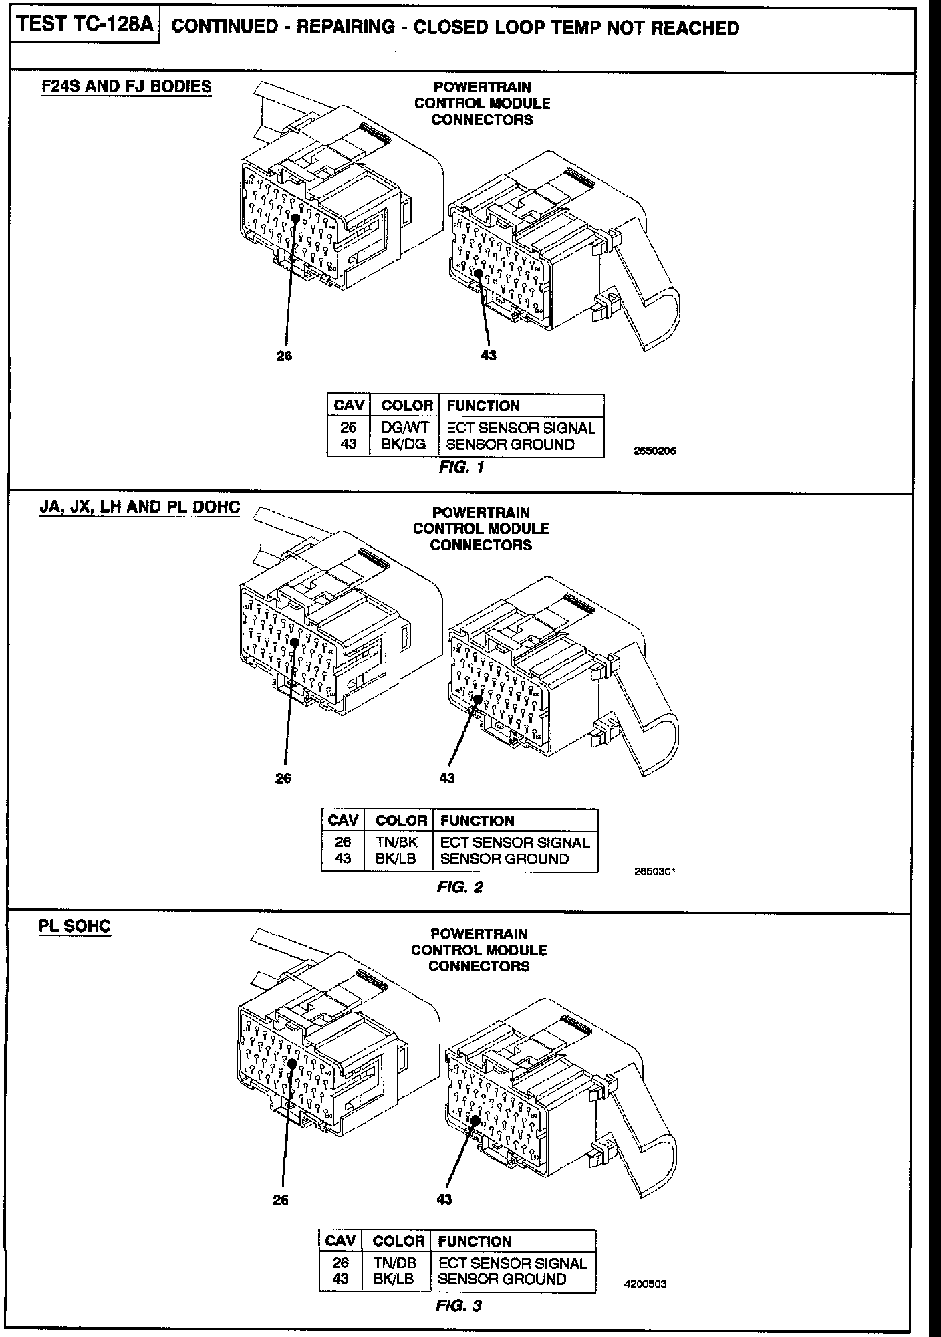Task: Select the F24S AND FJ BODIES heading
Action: [x=126, y=86]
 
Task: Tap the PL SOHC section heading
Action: [x=75, y=927]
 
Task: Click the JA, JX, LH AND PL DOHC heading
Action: [x=140, y=507]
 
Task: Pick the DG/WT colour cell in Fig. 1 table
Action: [x=404, y=428]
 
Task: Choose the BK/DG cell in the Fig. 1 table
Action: [x=404, y=444]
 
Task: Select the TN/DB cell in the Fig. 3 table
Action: [x=395, y=1263]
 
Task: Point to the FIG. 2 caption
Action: [x=460, y=888]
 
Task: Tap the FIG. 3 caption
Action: [x=458, y=1306]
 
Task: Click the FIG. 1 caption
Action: [x=461, y=467]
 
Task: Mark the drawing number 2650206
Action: [x=654, y=451]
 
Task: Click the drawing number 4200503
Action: [x=645, y=1284]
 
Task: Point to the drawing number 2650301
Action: [x=655, y=872]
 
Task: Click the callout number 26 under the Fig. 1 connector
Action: [x=285, y=356]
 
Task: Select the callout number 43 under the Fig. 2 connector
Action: [x=447, y=778]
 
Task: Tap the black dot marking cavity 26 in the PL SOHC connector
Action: [x=293, y=1063]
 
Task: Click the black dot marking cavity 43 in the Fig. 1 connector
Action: [x=479, y=273]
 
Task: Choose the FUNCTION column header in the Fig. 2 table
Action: [x=477, y=821]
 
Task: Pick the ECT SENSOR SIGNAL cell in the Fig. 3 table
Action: [x=513, y=1263]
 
